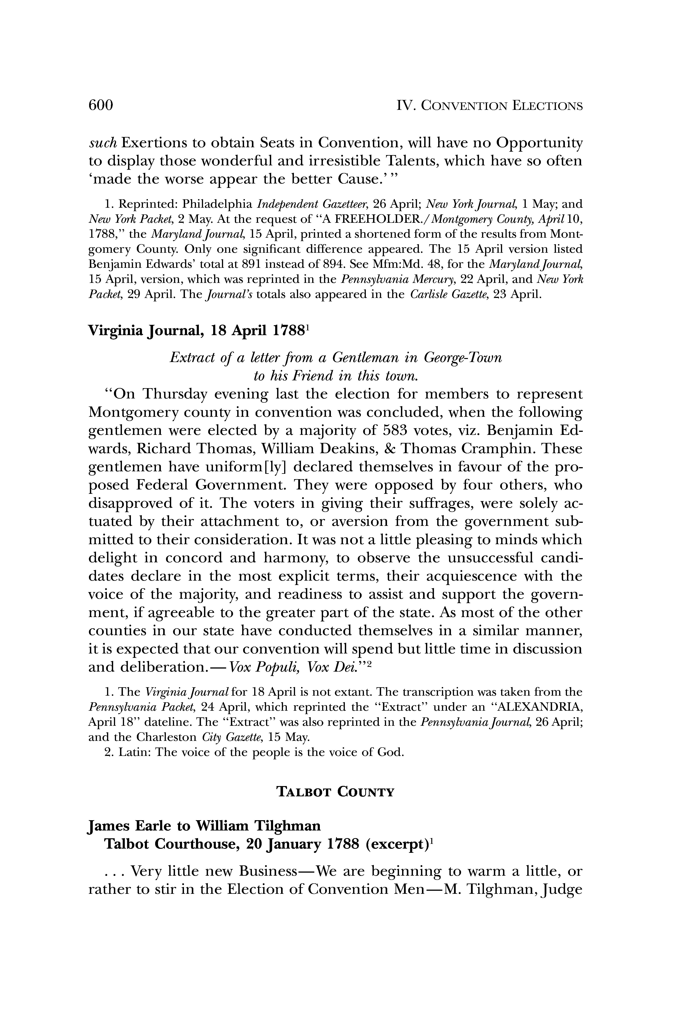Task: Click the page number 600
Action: [101, 105]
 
